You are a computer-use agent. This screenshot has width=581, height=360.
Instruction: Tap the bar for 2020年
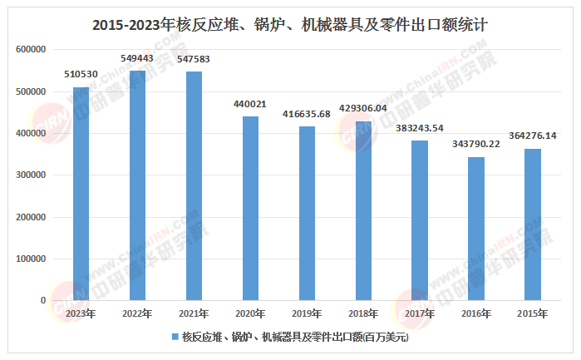point(250,208)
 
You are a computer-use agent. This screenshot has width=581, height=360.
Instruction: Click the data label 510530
point(81,75)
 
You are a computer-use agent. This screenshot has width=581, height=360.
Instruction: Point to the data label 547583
point(194,60)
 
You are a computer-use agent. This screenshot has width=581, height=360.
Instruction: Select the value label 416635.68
point(307,114)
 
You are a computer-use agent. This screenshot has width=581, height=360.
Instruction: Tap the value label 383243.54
point(420,128)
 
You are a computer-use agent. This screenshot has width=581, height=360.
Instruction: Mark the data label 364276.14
point(533,136)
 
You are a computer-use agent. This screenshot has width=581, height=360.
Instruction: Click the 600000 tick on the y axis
point(31,50)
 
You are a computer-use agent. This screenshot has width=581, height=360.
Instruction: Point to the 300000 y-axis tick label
point(31,175)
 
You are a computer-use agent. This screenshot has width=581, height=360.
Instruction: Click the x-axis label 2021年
point(194,313)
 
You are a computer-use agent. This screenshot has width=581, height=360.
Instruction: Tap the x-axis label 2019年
point(307,313)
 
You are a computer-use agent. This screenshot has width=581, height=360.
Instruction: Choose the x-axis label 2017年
point(420,313)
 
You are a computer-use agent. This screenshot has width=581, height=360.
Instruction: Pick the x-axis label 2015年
point(533,313)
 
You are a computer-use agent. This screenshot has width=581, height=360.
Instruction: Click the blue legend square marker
point(175,338)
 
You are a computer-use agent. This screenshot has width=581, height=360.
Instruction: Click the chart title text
point(290,25)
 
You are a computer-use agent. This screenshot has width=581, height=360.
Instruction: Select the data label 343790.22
point(476,145)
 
